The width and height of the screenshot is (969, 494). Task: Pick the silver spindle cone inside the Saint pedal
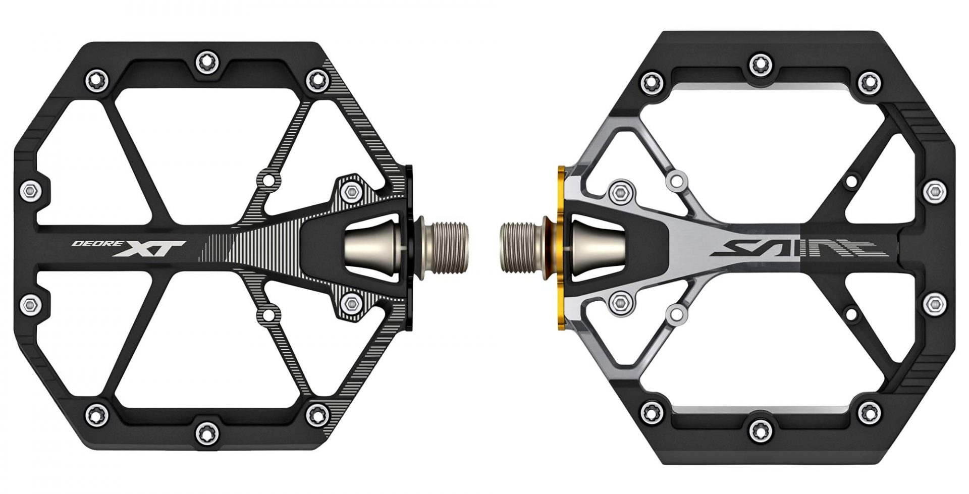596,247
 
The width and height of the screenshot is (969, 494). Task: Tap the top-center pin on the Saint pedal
758,64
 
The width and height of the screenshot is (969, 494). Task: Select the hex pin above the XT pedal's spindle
350,191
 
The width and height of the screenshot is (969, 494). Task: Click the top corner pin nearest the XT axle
316,78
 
